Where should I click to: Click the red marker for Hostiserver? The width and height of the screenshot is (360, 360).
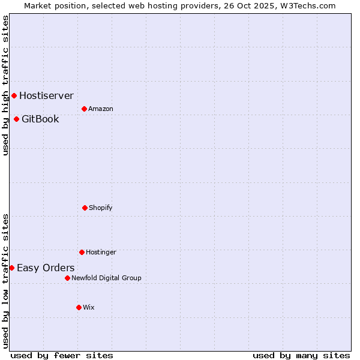click(x=14, y=95)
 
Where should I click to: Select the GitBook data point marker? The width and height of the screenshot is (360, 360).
click(x=16, y=119)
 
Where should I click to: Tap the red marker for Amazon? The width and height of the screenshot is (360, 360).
click(x=84, y=109)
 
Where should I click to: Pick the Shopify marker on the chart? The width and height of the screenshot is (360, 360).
click(x=85, y=208)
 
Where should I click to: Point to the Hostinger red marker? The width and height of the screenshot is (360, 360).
click(x=82, y=252)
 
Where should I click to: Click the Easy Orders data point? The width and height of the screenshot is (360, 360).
click(x=11, y=268)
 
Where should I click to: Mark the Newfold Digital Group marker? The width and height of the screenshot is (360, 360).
click(x=67, y=278)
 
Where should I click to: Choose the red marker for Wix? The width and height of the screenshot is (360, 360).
click(x=79, y=307)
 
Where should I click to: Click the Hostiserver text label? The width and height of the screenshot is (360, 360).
click(x=46, y=95)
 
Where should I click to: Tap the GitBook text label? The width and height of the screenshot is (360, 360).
click(x=40, y=119)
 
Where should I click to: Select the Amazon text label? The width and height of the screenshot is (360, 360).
click(x=101, y=109)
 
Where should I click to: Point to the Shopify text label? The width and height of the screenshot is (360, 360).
click(x=101, y=208)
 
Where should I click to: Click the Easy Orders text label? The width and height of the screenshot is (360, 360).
click(x=46, y=268)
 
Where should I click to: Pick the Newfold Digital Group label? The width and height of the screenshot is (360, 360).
click(x=106, y=278)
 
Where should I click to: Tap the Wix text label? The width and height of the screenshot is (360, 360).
click(x=89, y=307)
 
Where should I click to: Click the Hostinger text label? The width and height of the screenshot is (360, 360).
click(x=101, y=252)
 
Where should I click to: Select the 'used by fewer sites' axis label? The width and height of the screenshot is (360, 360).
click(x=62, y=355)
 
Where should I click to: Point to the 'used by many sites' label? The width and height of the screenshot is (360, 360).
click(x=301, y=355)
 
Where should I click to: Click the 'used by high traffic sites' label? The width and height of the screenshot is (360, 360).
click(x=5, y=85)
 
